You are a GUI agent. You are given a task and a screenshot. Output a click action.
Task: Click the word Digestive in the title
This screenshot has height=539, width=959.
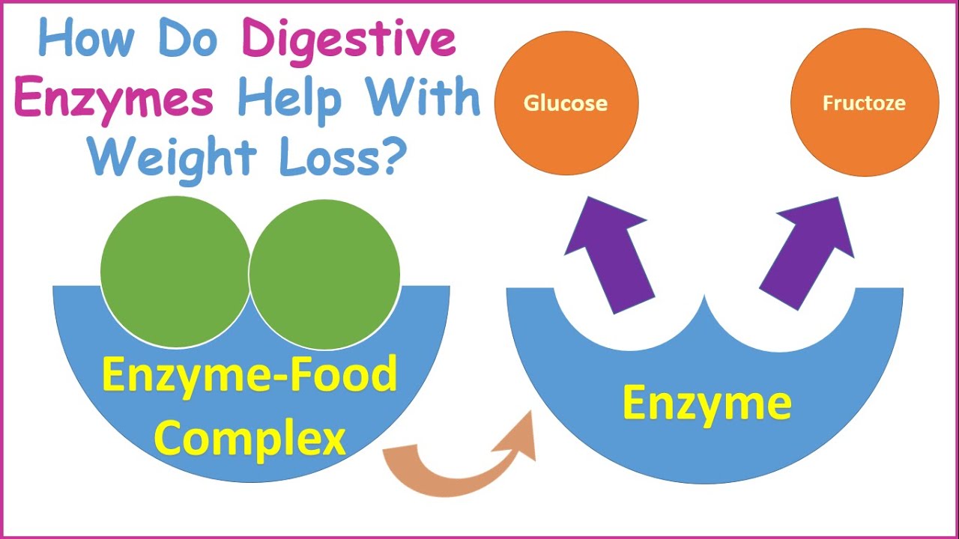350,41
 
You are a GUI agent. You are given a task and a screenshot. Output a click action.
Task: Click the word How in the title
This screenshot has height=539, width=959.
79,41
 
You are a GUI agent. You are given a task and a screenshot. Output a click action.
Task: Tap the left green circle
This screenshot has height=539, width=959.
175,271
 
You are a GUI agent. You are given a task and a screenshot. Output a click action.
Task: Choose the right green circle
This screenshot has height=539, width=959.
324,273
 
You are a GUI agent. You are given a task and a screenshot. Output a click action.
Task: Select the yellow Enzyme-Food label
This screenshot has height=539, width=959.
249,375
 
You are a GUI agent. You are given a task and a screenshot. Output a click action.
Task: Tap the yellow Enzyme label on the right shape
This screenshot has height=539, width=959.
707,404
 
